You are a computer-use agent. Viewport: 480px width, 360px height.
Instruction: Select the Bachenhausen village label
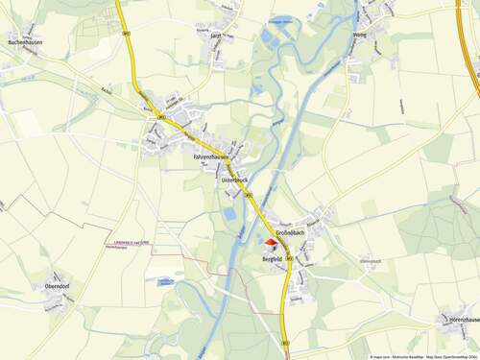coord(24,43)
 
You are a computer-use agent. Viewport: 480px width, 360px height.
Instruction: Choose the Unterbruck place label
coord(235,180)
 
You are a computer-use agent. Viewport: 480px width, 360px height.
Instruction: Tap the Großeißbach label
coord(290,233)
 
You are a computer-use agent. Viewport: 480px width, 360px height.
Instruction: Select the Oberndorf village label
coord(60,285)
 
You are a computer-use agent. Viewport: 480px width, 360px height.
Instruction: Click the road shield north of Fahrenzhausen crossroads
coord(127,34)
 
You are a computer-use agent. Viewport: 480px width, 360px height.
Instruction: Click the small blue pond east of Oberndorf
coord(166,282)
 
